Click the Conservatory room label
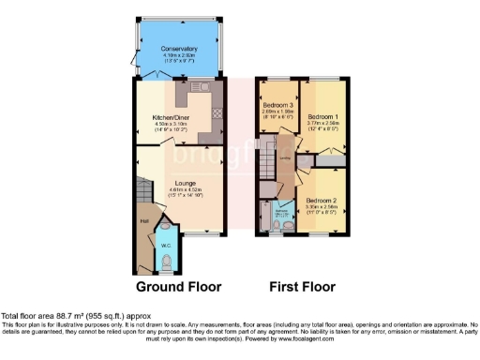(x=178, y=48)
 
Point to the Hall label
(x=144, y=221)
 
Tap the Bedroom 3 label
(x=277, y=104)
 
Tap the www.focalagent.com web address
(x=331, y=338)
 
